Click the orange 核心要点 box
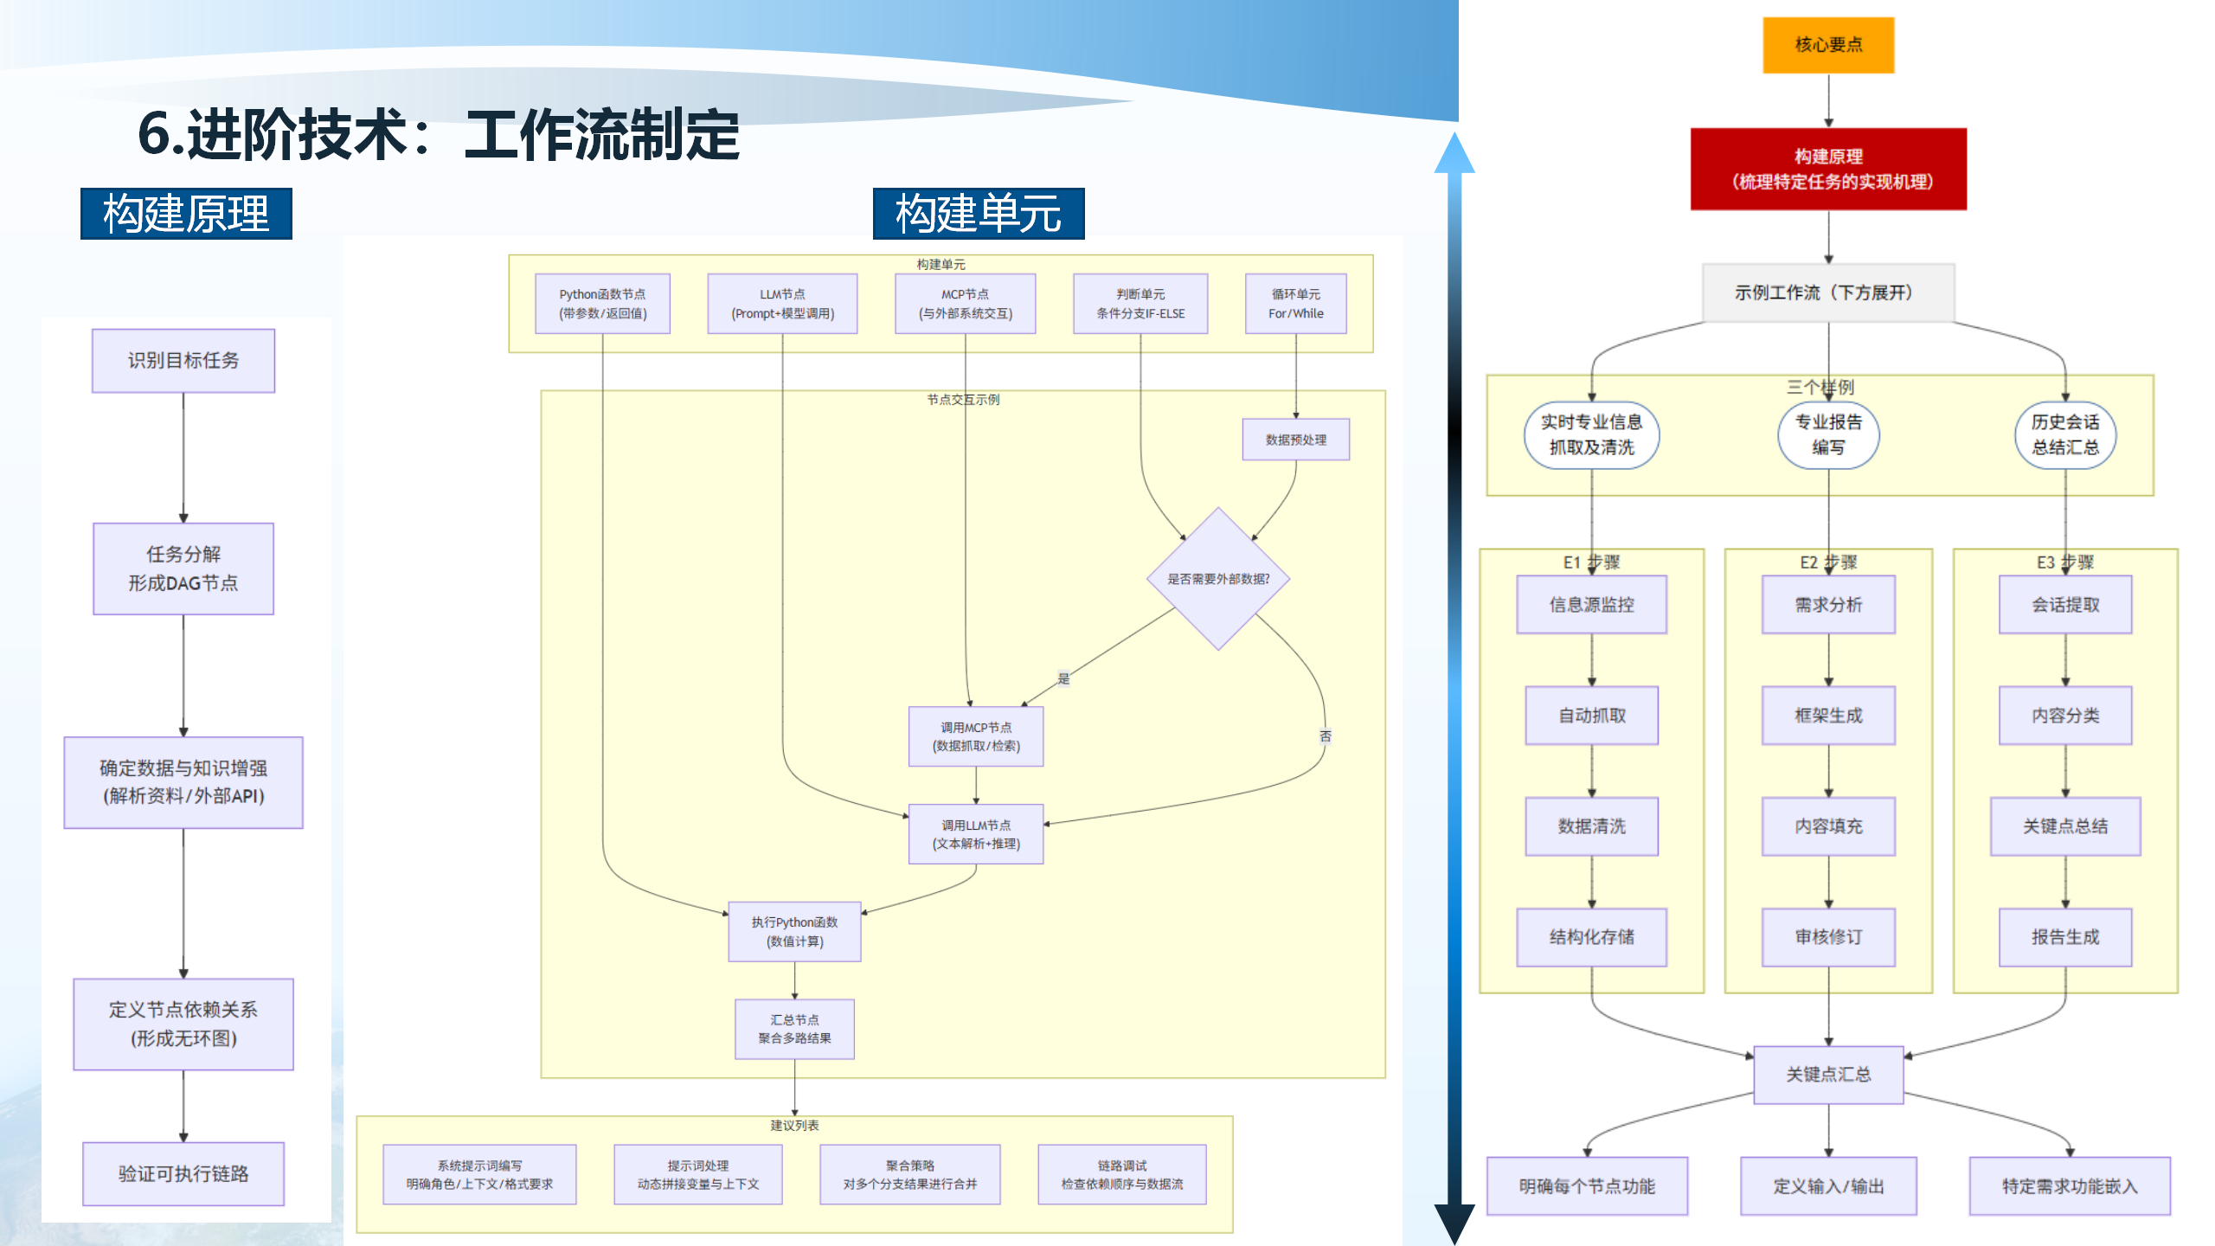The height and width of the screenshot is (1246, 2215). pyautogui.click(x=1827, y=45)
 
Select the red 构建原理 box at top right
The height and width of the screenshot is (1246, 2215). pyautogui.click(x=1827, y=169)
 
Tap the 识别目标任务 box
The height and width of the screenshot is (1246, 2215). pyautogui.click(x=183, y=361)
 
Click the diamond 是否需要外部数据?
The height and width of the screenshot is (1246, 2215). pyautogui.click(x=1218, y=579)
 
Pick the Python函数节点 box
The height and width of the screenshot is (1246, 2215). pyautogui.click(x=602, y=304)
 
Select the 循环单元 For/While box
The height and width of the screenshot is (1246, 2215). pyautogui.click(x=1295, y=304)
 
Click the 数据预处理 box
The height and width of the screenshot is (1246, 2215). pyautogui.click(x=1295, y=440)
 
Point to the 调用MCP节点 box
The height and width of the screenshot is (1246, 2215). pyautogui.click(x=976, y=736)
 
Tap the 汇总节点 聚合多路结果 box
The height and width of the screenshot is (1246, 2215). pyautogui.click(x=794, y=1029)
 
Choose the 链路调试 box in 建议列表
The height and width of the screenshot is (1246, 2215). pyautogui.click(x=1121, y=1174)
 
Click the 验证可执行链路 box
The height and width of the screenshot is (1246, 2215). pyautogui.click(x=183, y=1173)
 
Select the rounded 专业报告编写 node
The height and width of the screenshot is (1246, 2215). pyautogui.click(x=1827, y=434)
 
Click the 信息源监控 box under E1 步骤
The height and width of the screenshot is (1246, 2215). pyautogui.click(x=1591, y=605)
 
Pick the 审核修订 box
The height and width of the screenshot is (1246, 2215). pyautogui.click(x=1827, y=937)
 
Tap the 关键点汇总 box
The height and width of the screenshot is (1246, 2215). pyautogui.click(x=1827, y=1075)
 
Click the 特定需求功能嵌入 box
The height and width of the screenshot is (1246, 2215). pyautogui.click(x=2069, y=1186)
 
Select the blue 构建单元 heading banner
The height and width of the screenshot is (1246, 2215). pyautogui.click(x=978, y=214)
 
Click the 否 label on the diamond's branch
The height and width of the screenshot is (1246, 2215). pyautogui.click(x=1325, y=736)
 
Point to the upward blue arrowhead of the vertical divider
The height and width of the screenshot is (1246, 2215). pyautogui.click(x=1454, y=154)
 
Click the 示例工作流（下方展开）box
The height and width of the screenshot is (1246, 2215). pyautogui.click(x=1827, y=292)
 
